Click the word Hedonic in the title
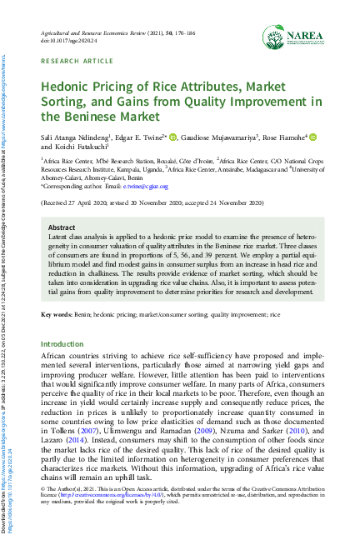pos(69,87)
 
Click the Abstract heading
pos(62,227)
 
